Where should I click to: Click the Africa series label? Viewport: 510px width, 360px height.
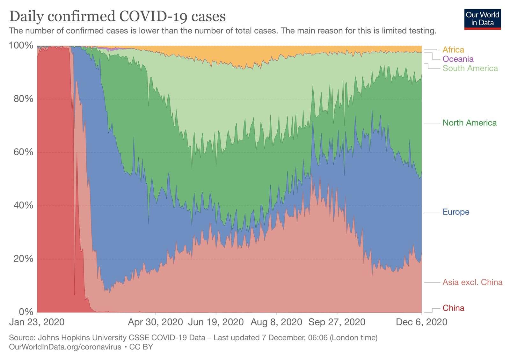pos(453,50)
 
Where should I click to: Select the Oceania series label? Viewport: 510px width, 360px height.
pos(458,59)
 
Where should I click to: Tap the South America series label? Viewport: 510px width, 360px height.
pos(470,68)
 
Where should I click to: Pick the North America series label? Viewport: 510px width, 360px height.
pos(469,123)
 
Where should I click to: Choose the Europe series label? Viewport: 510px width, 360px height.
pos(456,212)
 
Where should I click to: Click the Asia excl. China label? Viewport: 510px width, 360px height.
pos(472,282)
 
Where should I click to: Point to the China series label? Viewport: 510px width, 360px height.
pos(453,308)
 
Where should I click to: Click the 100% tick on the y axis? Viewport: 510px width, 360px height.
pos(21,46)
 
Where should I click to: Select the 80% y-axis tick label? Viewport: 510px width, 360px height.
pos(23,99)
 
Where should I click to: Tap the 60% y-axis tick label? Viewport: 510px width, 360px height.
pos(23,152)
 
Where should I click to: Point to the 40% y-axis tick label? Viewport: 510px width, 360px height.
pos(23,205)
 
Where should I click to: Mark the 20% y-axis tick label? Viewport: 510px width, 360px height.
pos(23,259)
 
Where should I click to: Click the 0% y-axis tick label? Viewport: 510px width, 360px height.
pos(26,312)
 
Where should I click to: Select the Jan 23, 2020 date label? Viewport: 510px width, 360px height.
pos(37,322)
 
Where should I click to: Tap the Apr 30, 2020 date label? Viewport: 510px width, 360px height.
pos(155,322)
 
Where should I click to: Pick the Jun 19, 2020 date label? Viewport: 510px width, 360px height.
pos(216,322)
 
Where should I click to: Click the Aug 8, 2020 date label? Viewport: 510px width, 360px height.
pos(276,322)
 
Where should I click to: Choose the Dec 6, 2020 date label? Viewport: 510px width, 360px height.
pos(421,322)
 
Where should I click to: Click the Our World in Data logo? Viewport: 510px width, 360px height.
pos(482,19)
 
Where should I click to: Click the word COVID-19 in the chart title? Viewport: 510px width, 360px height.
pos(153,16)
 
